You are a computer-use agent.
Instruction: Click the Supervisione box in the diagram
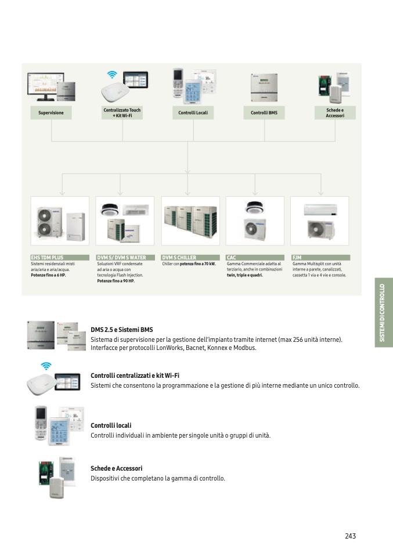[51, 113]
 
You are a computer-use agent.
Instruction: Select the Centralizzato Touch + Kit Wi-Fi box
[122, 113]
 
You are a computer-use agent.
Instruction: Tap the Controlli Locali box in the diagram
[193, 113]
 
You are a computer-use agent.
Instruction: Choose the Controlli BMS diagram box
[264, 113]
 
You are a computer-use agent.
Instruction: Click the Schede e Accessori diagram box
[335, 113]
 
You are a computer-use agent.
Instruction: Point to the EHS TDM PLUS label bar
[60, 257]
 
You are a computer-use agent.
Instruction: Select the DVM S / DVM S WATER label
[125, 257]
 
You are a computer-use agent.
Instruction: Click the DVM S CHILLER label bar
[190, 257]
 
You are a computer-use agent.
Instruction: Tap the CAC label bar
[255, 257]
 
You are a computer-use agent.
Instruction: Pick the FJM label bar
[320, 257]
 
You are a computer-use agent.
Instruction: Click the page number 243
[350, 536]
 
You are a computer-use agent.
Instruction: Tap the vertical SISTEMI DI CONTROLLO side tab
[383, 313]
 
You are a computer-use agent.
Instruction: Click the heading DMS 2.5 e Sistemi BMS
[122, 330]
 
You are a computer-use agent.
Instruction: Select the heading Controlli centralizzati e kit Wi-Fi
[135, 376]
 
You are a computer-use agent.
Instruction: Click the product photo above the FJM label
[319, 221]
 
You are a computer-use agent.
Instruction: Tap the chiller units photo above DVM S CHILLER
[190, 221]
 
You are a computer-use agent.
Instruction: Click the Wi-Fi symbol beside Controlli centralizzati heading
[46, 366]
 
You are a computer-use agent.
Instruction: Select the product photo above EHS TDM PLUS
[60, 221]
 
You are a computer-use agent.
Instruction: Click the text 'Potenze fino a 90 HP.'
[116, 281]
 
